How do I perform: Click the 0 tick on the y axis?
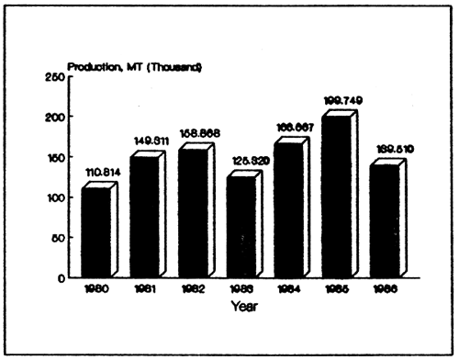62,277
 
